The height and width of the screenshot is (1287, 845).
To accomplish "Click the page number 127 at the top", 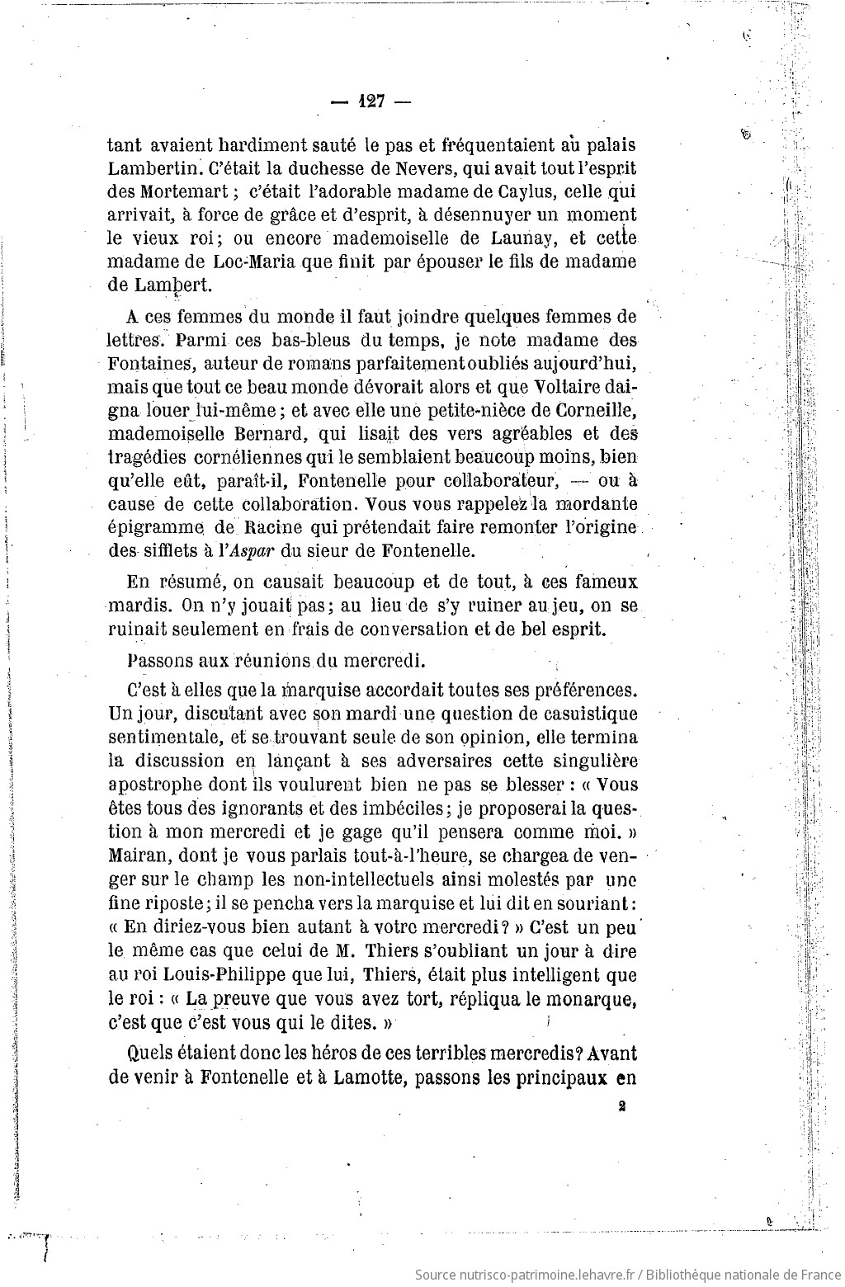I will pyautogui.click(x=371, y=103).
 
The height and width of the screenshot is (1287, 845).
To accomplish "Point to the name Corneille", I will pyautogui.click(x=599, y=409).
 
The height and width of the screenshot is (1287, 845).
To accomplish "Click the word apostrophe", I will pyautogui.click(x=157, y=785).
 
